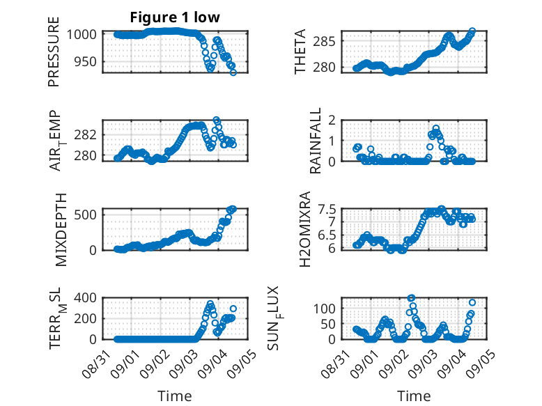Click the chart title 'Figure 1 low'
[175, 17]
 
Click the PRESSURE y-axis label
[54, 52]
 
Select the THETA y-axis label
[300, 52]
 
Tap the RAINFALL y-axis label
[316, 141]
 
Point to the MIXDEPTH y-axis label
[61, 230]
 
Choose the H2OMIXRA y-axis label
[305, 229]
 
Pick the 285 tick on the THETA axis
[324, 42]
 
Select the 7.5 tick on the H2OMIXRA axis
[327, 210]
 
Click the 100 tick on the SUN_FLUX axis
[324, 309]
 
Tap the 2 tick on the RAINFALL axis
[332, 120]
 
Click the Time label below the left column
[175, 396]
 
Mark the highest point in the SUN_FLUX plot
[411, 298]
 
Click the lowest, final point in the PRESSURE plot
[233, 72]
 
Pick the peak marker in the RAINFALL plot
[436, 129]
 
